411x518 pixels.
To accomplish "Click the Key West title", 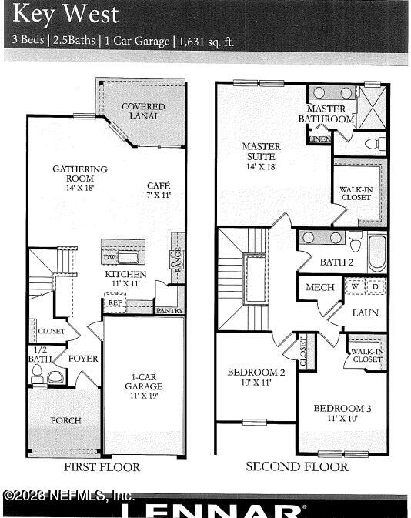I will point(66,14).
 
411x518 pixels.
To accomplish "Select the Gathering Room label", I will point(79,174).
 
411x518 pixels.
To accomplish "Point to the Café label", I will point(159,189).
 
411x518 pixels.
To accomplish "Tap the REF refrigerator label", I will point(115,303).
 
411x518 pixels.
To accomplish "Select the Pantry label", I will point(169,311).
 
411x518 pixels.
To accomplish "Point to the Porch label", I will point(65,420).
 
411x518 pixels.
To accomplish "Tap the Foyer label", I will point(82,359).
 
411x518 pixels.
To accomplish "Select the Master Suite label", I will point(261,151).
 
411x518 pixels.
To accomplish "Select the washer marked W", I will point(356,286).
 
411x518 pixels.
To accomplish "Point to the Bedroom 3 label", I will point(342,413).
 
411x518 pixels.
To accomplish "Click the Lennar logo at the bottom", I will point(212,510).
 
